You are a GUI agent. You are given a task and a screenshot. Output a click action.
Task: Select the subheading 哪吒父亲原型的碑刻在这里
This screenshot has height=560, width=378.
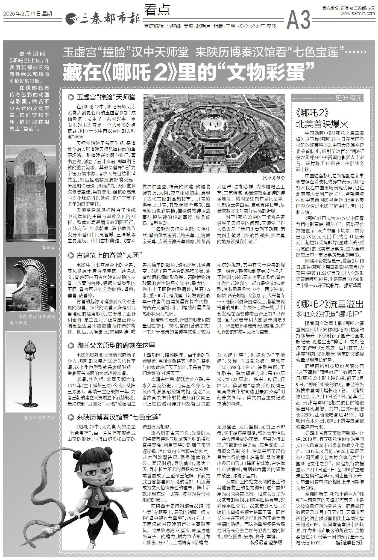pos(116,345)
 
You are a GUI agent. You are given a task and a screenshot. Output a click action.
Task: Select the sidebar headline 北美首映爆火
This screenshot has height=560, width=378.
pos(323,124)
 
